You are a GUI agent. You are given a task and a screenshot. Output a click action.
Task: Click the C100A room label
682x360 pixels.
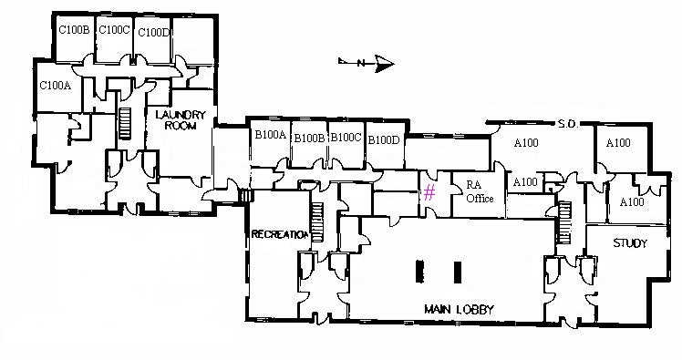[54, 87]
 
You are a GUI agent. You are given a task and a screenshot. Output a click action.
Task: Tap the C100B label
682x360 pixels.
[73, 30]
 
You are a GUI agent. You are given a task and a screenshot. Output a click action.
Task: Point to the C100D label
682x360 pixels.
[153, 32]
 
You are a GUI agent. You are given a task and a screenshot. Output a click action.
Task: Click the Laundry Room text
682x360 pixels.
[182, 120]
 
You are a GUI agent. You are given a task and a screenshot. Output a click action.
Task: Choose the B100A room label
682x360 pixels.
[270, 135]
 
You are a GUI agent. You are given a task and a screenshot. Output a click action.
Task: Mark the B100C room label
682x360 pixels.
[346, 139]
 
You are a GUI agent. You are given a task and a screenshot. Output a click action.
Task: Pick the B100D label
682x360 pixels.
[384, 139]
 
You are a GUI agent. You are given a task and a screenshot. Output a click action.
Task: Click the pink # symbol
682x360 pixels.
[428, 191]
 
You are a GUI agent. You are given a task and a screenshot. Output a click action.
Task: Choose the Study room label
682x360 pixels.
[629, 243]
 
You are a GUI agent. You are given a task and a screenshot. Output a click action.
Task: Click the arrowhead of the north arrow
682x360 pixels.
[385, 63]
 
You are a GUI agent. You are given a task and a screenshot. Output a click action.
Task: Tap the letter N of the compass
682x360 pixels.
[362, 63]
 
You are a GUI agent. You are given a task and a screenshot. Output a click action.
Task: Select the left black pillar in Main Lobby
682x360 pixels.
[420, 272]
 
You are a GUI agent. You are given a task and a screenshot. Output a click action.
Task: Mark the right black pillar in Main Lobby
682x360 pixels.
[457, 272]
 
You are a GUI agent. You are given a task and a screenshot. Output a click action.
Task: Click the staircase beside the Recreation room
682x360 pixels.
[317, 221]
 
